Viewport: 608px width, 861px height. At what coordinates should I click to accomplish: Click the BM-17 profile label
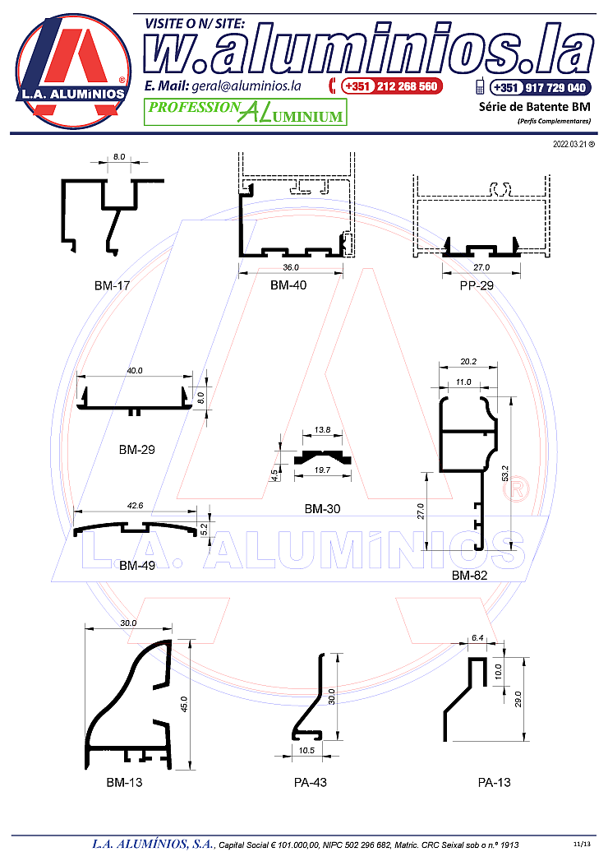112,285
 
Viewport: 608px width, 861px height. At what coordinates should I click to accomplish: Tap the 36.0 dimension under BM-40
291,267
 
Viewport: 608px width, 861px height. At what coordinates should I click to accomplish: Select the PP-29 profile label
477,285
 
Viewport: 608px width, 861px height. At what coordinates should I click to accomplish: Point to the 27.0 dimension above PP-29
481,267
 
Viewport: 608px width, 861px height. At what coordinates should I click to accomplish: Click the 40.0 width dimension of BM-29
135,371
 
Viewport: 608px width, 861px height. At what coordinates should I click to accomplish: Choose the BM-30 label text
322,509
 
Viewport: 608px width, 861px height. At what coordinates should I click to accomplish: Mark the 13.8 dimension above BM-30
322,430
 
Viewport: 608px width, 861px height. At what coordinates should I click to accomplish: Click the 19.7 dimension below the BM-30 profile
322,470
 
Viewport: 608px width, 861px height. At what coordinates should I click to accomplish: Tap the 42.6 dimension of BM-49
135,506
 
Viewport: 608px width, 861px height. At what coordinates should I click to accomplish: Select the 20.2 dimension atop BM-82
468,361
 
